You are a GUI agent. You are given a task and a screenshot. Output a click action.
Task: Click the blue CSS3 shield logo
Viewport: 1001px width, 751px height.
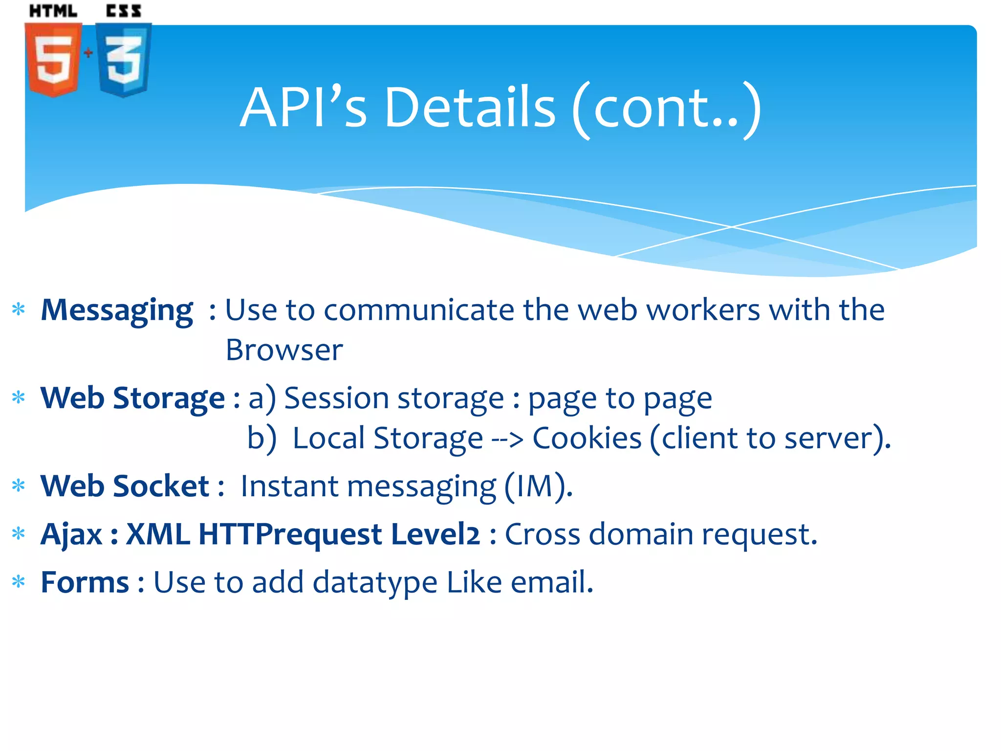click(124, 60)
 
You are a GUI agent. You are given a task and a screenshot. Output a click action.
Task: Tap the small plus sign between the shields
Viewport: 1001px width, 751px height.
click(88, 52)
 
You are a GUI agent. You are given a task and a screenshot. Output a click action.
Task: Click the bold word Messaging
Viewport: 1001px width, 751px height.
click(117, 310)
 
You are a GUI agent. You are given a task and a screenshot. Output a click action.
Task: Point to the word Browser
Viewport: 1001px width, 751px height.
click(284, 350)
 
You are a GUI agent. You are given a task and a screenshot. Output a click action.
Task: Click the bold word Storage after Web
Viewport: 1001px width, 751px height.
click(169, 398)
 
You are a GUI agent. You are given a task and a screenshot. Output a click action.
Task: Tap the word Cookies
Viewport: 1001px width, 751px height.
click(587, 438)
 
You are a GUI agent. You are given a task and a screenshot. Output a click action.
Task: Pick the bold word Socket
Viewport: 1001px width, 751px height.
click(161, 486)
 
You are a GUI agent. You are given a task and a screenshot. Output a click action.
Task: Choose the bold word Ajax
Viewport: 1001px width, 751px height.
click(71, 534)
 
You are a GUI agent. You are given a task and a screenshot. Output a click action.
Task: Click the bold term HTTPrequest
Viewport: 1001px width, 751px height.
click(290, 534)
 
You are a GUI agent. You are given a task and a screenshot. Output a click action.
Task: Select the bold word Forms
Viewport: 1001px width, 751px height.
click(85, 582)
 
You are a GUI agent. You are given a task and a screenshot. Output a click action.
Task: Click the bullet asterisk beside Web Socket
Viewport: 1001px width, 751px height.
click(19, 486)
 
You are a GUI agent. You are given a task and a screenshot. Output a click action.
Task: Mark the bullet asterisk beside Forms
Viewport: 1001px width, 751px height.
click(19, 582)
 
